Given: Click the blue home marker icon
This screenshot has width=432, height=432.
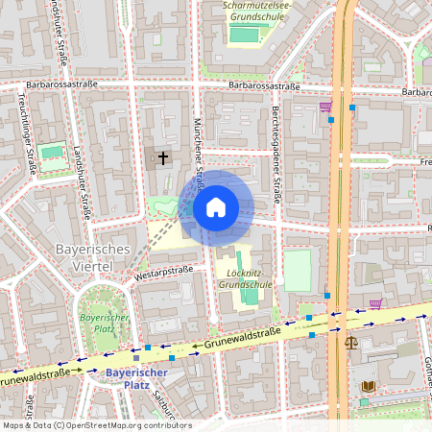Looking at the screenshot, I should point(216,206).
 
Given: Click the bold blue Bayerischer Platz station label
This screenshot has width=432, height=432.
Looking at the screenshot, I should point(136,377).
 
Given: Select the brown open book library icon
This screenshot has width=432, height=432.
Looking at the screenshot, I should point(369,386).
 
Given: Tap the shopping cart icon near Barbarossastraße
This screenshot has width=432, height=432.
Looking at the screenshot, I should point(325,108).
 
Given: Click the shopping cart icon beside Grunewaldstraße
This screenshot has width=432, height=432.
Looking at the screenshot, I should point(375,303).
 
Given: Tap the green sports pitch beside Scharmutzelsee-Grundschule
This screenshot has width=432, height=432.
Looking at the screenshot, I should point(245,35).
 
